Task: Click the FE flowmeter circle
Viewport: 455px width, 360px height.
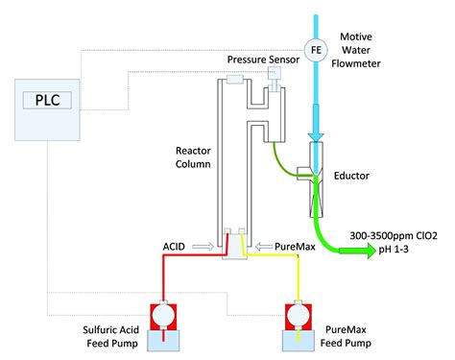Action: tap(315, 48)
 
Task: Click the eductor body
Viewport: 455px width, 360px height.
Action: tap(315, 182)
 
